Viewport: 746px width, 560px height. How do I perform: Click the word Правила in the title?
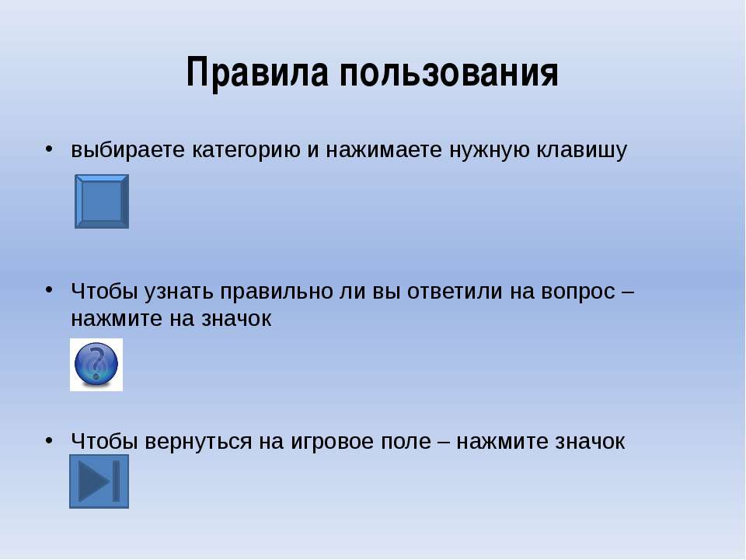(x=257, y=73)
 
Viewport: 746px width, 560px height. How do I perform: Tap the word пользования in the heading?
(x=448, y=72)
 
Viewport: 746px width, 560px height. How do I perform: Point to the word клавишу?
(x=582, y=150)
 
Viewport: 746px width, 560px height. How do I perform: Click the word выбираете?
(x=128, y=149)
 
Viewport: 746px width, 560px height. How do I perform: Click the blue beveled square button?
(x=102, y=201)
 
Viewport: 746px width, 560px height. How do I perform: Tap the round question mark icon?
(x=96, y=365)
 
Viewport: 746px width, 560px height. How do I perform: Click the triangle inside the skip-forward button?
(x=94, y=481)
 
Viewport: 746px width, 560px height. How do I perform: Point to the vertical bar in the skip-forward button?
(x=116, y=481)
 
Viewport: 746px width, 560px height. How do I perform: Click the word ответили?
(x=455, y=291)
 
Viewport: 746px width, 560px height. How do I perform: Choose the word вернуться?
(x=198, y=442)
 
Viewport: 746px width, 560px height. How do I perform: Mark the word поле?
(x=406, y=441)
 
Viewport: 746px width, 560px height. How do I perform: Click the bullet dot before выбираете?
(x=49, y=149)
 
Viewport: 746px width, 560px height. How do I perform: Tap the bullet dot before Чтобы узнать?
(x=49, y=290)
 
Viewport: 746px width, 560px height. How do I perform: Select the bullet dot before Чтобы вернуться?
(x=49, y=440)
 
